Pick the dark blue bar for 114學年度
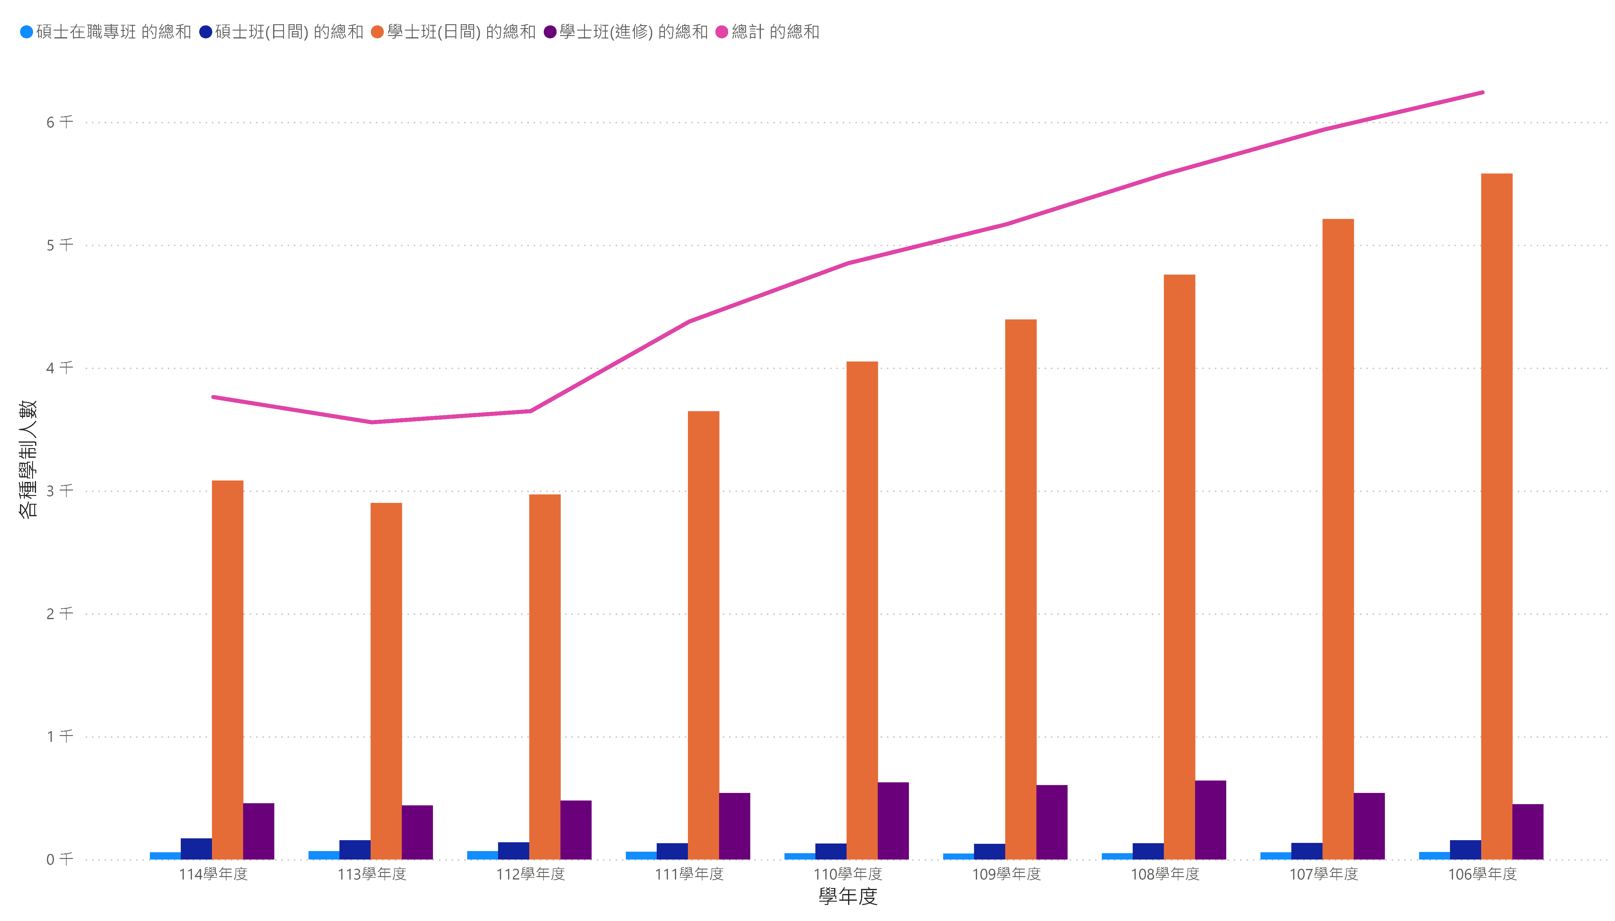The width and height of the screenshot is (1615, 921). [196, 849]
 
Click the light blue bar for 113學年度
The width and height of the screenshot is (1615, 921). [324, 855]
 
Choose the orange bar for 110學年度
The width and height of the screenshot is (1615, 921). [862, 610]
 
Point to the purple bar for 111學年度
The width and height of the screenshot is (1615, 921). [735, 826]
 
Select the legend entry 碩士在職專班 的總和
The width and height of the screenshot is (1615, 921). [106, 31]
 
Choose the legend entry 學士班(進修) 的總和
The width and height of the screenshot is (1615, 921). [626, 31]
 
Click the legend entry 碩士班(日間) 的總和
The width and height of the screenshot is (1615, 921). [282, 31]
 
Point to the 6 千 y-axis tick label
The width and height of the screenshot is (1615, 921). [59, 122]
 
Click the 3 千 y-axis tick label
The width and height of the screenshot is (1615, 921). [59, 491]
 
